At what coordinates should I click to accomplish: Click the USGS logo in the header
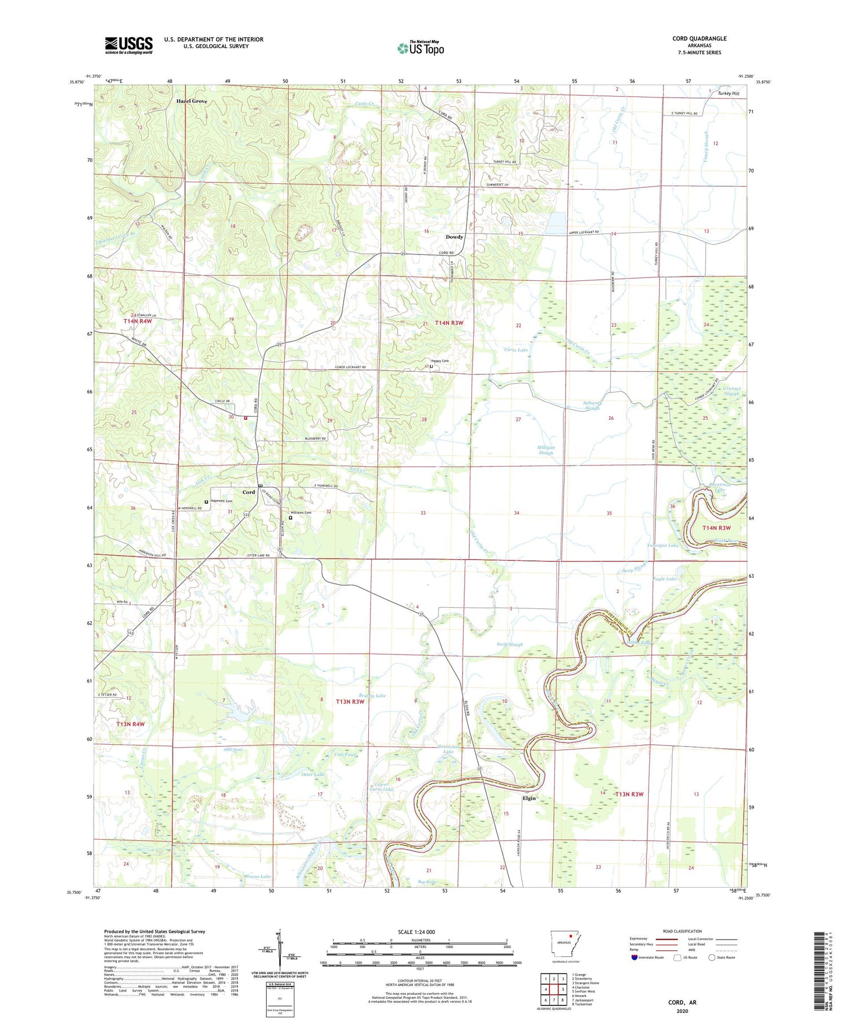(129, 45)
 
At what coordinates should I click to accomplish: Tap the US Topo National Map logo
(420, 48)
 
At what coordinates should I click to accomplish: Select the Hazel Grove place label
(192, 101)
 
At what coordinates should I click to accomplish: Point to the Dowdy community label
(454, 237)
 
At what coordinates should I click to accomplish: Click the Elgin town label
(528, 798)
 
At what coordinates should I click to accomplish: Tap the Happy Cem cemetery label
(440, 361)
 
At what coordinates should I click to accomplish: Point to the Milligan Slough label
(545, 450)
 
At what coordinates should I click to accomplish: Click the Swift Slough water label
(509, 644)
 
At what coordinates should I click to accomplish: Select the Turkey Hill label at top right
(728, 94)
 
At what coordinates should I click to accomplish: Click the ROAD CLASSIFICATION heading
(682, 931)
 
